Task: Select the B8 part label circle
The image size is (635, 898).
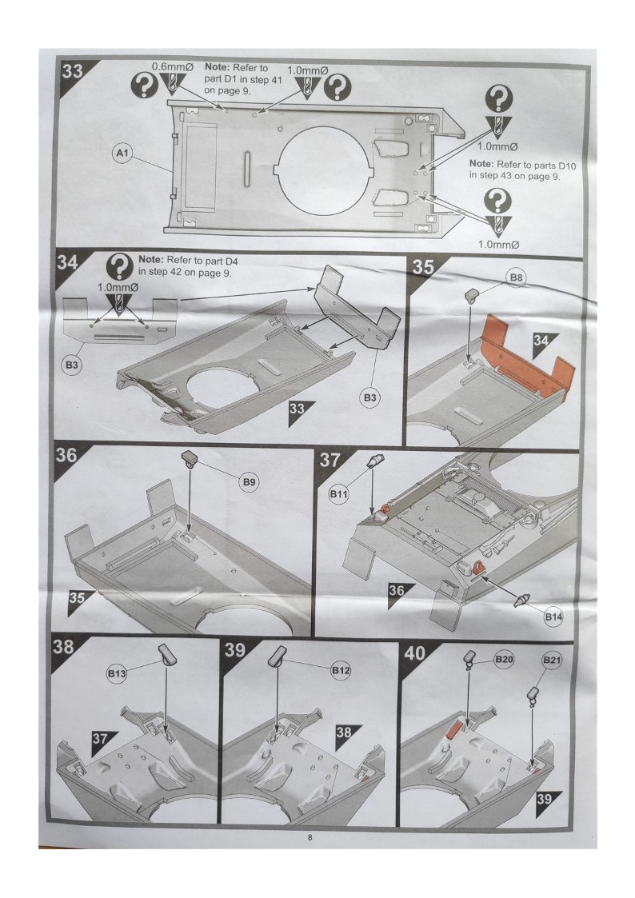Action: (x=517, y=277)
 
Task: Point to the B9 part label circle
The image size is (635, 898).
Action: (x=249, y=482)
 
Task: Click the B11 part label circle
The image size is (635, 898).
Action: (x=338, y=493)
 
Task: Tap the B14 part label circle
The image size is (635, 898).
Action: (x=553, y=617)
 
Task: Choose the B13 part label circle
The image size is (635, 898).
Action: (x=117, y=673)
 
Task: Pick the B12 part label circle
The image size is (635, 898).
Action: (x=341, y=670)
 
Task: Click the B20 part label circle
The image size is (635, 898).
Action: (x=504, y=659)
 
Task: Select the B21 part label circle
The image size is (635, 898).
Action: (x=552, y=661)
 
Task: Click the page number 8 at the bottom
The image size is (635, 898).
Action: (x=310, y=838)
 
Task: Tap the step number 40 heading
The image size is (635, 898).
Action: (x=415, y=653)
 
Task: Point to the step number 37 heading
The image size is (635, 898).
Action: (x=329, y=460)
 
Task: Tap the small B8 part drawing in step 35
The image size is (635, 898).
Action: (x=471, y=296)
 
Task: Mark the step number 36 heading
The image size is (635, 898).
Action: (x=66, y=455)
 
